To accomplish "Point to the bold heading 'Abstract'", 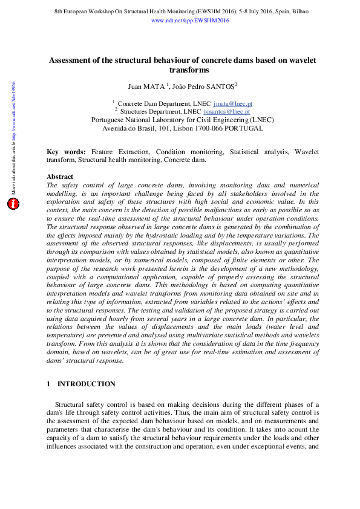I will click(60, 177).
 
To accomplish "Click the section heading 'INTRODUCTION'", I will click(86, 384).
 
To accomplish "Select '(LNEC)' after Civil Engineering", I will click(262, 120).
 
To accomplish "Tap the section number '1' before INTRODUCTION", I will click(48, 384).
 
